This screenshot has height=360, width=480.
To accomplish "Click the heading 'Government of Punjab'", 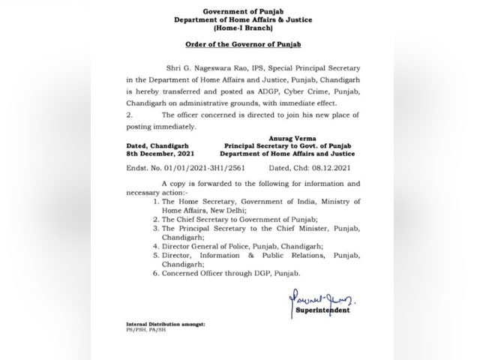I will (239, 7).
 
